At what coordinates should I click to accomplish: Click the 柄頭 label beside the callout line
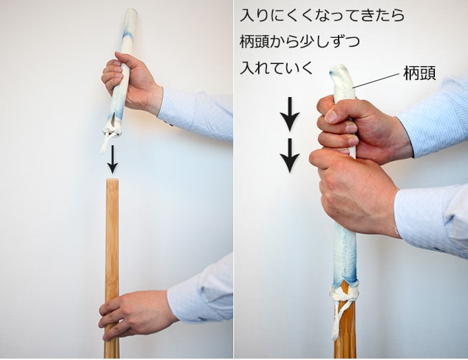(x=420, y=73)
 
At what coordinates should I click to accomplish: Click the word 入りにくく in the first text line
(x=278, y=15)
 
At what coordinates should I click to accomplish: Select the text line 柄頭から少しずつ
(x=299, y=41)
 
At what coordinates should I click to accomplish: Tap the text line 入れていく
(x=277, y=67)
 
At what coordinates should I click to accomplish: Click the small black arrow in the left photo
(x=112, y=159)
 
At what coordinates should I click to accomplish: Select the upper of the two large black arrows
(x=290, y=114)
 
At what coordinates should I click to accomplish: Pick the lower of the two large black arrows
(x=290, y=156)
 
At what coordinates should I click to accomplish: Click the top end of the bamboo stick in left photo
(x=112, y=180)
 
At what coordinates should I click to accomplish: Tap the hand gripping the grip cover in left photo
(x=131, y=82)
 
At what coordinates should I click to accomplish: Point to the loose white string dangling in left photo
(x=105, y=143)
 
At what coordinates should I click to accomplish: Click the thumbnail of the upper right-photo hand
(x=332, y=116)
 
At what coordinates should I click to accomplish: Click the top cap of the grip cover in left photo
(x=131, y=12)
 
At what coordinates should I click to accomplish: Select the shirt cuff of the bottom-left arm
(x=185, y=301)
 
